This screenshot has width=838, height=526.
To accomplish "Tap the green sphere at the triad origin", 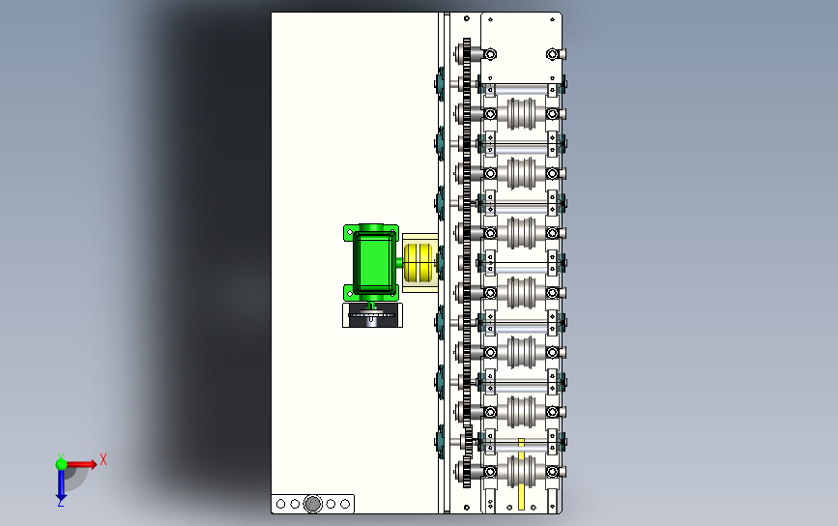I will click(61, 464).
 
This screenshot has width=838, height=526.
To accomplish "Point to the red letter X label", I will click(102, 460).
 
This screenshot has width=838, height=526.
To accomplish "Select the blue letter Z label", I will click(60, 503).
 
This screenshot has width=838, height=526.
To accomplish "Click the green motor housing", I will click(372, 261).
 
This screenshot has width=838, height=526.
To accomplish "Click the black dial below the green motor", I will click(372, 316).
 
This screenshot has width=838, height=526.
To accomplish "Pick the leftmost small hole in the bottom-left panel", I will click(280, 504).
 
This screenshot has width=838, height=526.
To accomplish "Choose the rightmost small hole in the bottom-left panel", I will click(345, 504).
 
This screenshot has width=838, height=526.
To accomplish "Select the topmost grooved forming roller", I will click(523, 114).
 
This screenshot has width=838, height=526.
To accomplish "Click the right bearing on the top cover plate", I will click(554, 54).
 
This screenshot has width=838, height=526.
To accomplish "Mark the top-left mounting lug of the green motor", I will click(349, 232).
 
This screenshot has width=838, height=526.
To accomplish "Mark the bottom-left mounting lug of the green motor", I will click(349, 290).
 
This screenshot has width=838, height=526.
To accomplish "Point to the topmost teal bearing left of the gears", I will click(440, 84).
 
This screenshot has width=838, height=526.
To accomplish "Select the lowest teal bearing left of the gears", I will click(440, 441).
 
